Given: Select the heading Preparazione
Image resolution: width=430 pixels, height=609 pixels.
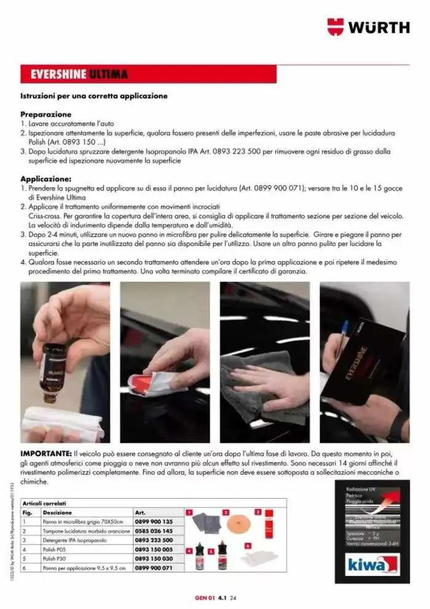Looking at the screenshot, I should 46,114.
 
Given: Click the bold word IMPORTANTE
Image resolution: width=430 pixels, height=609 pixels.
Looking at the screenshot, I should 46,453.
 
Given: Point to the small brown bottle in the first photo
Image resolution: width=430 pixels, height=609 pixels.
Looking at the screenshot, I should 53,368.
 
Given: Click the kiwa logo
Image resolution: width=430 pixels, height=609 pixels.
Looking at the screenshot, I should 367,565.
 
